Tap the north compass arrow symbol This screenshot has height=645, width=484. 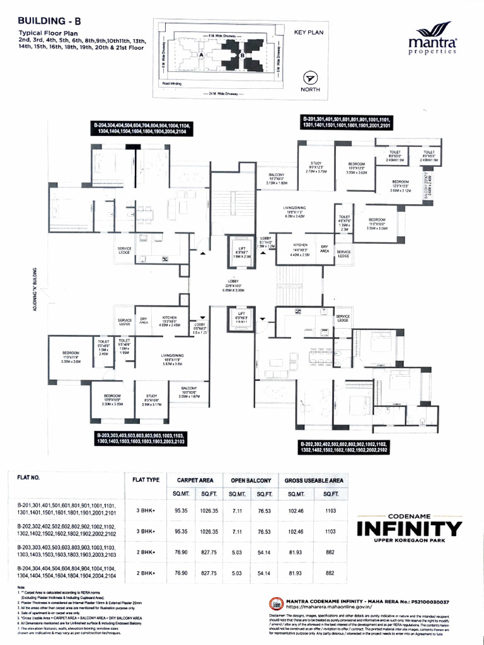pyautogui.click(x=309, y=78)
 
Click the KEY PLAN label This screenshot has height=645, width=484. pyautogui.click(x=308, y=31)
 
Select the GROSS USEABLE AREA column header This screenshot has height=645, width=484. pyautogui.click(x=313, y=480)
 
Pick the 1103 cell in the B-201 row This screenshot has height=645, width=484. pyautogui.click(x=329, y=510)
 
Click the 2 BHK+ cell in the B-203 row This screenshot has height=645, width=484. pyautogui.click(x=144, y=552)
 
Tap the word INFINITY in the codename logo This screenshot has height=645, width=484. pyautogui.click(x=409, y=527)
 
